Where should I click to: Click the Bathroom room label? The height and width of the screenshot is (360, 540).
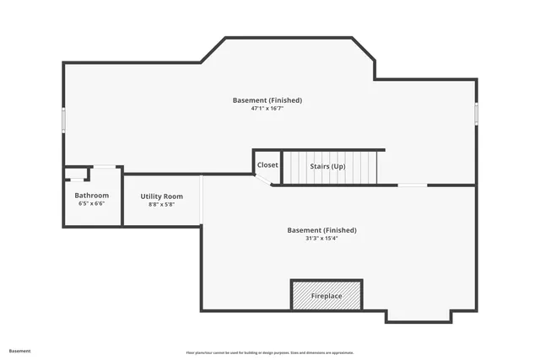(91, 196)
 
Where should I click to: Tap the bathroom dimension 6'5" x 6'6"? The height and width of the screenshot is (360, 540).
(91, 203)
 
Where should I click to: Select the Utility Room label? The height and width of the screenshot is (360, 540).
(161, 196)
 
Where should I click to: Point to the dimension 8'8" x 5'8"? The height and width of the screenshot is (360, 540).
(161, 204)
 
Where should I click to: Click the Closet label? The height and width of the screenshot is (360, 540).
(267, 165)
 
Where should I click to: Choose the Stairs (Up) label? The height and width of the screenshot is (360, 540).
(327, 167)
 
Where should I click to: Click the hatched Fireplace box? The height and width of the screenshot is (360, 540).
(327, 295)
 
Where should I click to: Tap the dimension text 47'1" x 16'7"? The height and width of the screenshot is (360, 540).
(267, 108)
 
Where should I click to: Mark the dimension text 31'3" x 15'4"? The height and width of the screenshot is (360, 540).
(321, 238)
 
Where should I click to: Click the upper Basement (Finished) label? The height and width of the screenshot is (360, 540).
(267, 100)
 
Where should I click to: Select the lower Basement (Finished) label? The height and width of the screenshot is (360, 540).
(321, 230)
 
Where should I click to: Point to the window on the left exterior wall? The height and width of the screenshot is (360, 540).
(63, 120)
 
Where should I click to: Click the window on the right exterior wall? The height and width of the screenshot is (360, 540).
(476, 113)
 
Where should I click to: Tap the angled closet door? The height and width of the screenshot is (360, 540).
(262, 180)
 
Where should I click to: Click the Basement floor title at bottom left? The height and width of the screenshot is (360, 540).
(20, 351)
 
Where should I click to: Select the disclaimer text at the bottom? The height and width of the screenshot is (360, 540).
(269, 352)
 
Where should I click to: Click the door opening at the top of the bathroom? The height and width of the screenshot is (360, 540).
(105, 166)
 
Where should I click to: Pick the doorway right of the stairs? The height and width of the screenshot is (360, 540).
(412, 185)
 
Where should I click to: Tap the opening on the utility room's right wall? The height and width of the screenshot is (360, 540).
(202, 200)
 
